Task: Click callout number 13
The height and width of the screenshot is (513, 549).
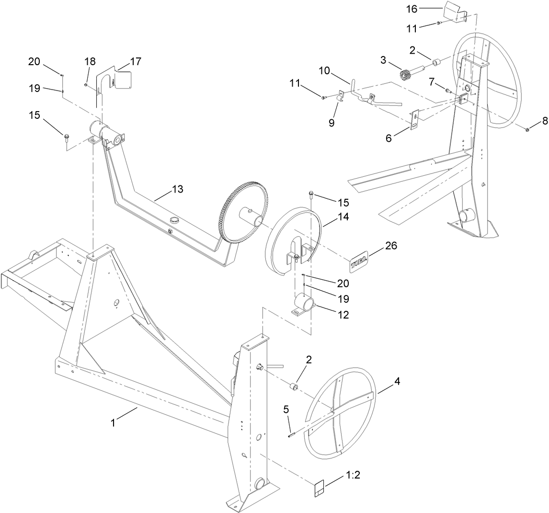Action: (177, 189)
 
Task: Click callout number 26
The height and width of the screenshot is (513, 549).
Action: (390, 246)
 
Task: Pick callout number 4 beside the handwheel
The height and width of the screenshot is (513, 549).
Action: (397, 382)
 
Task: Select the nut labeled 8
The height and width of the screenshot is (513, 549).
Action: (527, 129)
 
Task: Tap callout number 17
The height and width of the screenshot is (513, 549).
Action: (136, 61)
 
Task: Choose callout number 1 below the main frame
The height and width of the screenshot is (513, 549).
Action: (113, 423)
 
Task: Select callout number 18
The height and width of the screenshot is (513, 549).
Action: (90, 61)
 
